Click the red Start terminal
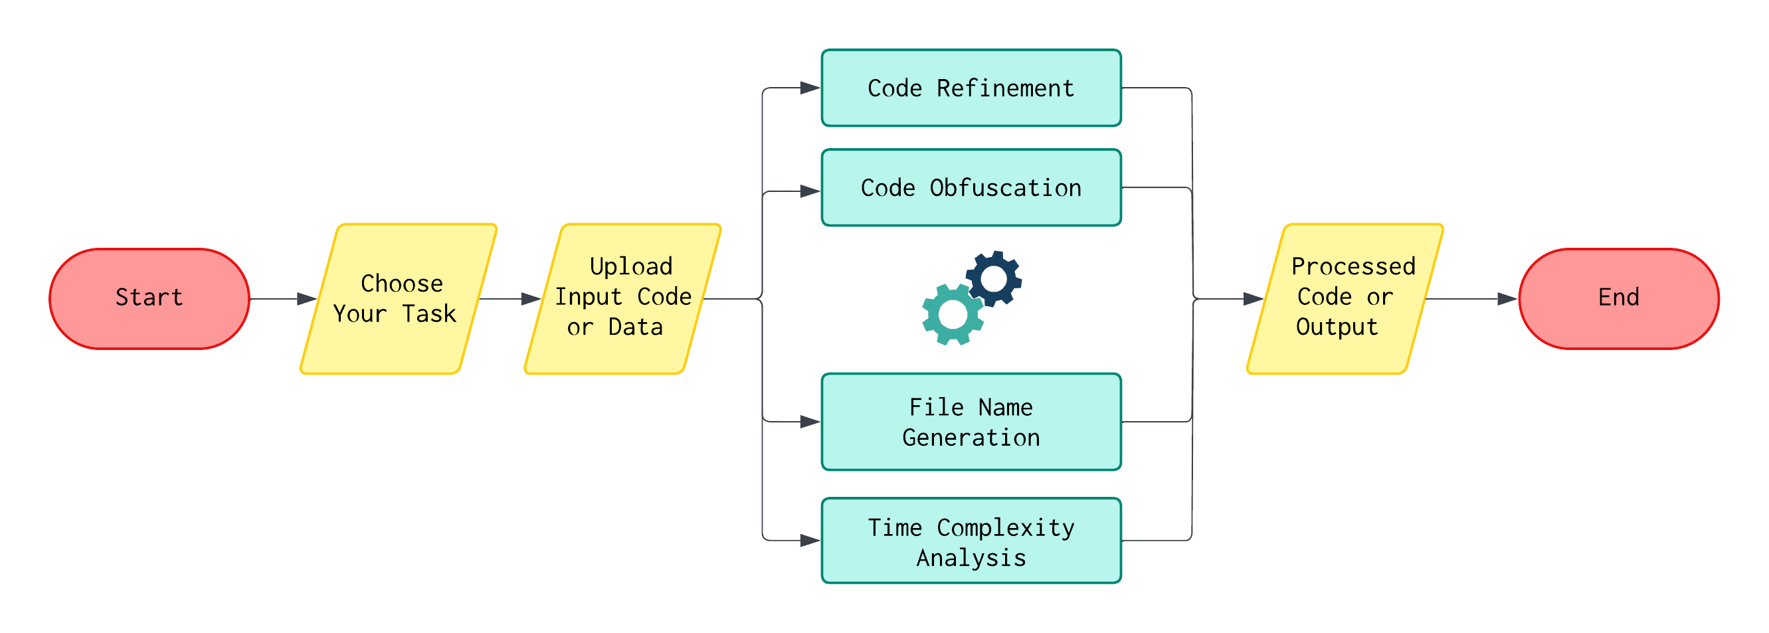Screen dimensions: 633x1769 (149, 299)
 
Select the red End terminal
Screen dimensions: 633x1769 (1618, 299)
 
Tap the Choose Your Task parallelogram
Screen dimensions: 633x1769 (399, 299)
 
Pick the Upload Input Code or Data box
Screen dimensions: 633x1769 (622, 299)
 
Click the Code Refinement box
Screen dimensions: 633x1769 (971, 88)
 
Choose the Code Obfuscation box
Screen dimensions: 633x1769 (971, 187)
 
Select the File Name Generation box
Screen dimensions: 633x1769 (971, 422)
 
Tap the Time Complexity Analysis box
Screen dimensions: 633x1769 (971, 541)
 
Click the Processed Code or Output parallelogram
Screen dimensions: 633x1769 (1345, 299)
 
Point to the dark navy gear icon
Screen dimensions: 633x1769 (994, 278)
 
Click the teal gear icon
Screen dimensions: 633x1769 (953, 314)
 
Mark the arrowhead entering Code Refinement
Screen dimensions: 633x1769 (810, 88)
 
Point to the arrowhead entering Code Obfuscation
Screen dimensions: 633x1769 (810, 191)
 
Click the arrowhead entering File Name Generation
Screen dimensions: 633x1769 (810, 422)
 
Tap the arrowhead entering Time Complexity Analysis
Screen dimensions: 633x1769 (810, 541)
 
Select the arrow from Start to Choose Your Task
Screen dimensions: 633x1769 (282, 299)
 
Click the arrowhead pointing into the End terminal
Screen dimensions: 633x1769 (1507, 299)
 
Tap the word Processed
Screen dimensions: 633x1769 (1353, 266)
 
